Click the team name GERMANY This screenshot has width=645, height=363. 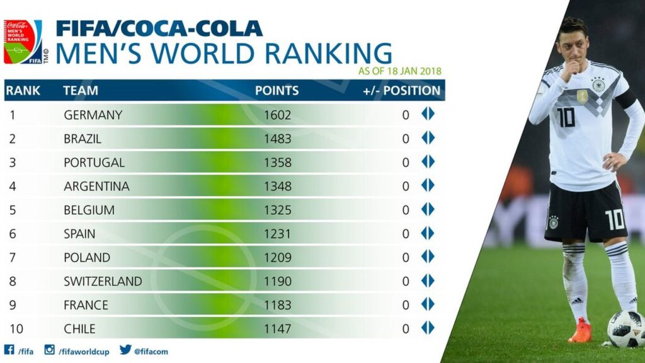93,115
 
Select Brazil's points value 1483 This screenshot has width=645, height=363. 278,139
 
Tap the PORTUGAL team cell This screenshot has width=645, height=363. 94,163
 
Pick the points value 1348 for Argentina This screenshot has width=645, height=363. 278,187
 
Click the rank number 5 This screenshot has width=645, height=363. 13,210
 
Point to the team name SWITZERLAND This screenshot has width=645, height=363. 103,281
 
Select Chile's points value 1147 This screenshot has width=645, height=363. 278,329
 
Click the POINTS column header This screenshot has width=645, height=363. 277,90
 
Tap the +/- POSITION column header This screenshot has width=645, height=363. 401,90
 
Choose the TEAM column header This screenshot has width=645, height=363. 81,90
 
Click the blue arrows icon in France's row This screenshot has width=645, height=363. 428,304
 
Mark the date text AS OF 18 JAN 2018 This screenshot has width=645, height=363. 400,71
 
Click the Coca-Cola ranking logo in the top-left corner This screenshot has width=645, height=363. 23,42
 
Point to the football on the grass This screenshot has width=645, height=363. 626,328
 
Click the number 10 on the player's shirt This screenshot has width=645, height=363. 566,117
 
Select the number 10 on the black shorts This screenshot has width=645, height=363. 614,220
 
